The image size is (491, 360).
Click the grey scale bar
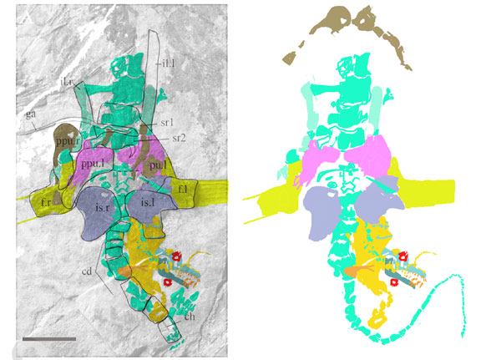[x=49, y=339]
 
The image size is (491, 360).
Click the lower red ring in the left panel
[x=168, y=282]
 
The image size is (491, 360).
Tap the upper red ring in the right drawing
[x=400, y=256]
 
